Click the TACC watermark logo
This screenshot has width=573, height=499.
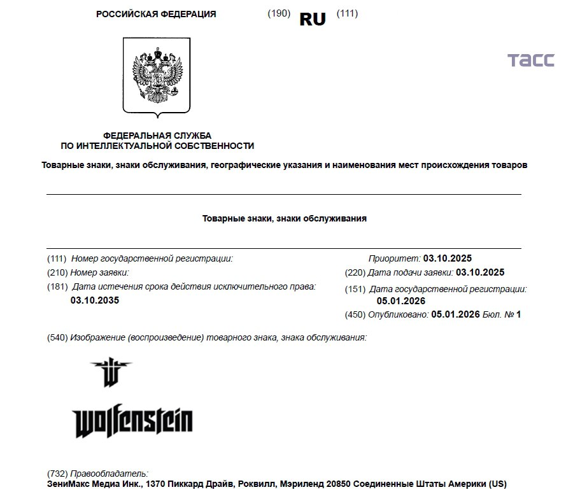pos(530,60)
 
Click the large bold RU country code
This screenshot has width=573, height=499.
pos(312,20)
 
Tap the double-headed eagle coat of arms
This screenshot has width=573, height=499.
pos(157,76)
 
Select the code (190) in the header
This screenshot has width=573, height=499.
pos(279,14)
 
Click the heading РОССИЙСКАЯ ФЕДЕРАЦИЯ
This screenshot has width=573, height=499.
pos(156,14)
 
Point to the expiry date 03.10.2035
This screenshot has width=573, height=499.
pos(95,300)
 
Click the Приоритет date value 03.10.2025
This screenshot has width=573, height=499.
pos(448,258)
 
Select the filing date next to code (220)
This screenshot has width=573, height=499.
pos(480,272)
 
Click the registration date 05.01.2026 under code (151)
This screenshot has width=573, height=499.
pos(401,301)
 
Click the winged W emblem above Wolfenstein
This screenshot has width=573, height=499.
pos(111,372)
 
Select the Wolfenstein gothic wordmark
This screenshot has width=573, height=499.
pos(133,421)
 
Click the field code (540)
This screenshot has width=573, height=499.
pos(57,337)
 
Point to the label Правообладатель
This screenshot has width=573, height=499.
pos(109,474)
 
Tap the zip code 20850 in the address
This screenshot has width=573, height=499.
pos(337,484)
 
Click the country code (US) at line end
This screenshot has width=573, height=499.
pos(498,484)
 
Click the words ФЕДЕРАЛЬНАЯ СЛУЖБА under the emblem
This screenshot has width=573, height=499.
pos(157,136)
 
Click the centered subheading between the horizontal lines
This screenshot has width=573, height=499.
pos(285,218)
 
